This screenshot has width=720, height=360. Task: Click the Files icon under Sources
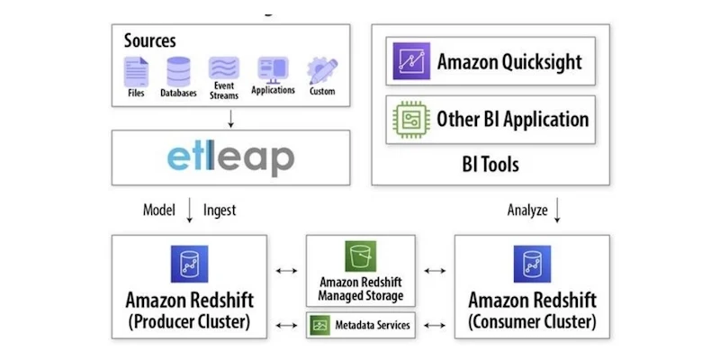point(136,69)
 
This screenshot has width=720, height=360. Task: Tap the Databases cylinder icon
point(179,70)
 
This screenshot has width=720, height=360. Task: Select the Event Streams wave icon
point(224,68)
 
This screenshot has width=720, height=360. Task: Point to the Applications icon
point(273,68)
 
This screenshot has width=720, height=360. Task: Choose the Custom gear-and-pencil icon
point(321,69)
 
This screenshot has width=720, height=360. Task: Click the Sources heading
point(150,40)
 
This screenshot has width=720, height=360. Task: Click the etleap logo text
point(230,158)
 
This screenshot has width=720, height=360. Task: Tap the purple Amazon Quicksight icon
point(411,61)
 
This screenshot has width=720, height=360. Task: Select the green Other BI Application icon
point(411,119)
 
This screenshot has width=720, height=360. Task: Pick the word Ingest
point(220,210)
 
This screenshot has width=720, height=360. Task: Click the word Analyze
point(526,210)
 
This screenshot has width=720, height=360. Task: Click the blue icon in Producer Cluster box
point(190,264)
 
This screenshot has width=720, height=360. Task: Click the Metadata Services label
point(370,325)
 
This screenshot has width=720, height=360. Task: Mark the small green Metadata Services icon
point(319,325)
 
